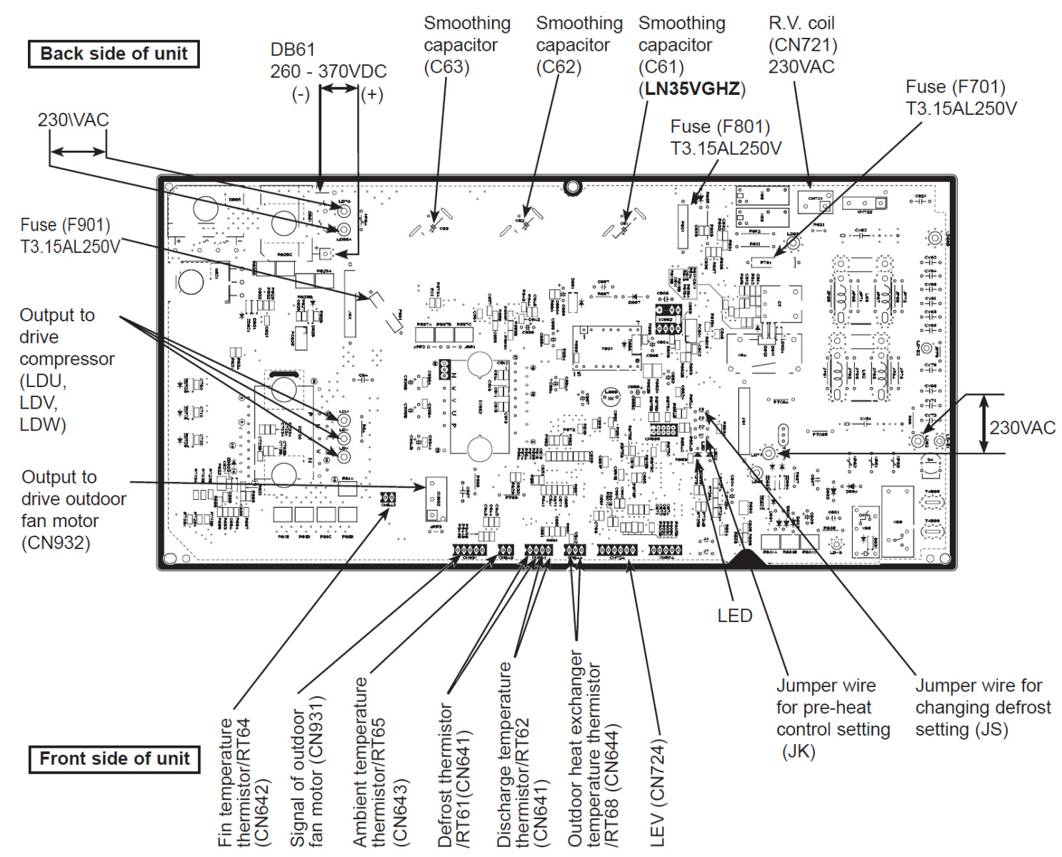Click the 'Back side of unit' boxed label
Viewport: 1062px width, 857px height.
click(x=114, y=54)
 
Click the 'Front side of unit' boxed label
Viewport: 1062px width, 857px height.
click(x=114, y=758)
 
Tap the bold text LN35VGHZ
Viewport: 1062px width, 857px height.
click(x=691, y=89)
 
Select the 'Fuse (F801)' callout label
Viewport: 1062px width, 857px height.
click(x=720, y=127)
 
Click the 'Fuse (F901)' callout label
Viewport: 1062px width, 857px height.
click(x=65, y=225)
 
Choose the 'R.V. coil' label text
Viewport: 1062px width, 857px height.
click(x=801, y=23)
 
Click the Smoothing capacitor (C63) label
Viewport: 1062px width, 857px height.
click(x=467, y=44)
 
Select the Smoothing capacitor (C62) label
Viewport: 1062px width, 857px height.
click(x=578, y=44)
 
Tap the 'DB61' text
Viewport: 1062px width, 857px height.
click(x=292, y=49)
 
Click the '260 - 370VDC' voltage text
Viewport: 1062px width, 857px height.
click(x=328, y=71)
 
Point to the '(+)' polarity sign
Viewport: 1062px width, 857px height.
click(x=372, y=94)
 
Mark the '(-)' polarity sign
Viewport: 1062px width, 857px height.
click(x=301, y=94)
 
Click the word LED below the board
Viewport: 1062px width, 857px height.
click(x=735, y=616)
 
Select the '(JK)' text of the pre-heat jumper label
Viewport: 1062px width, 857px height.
click(x=798, y=751)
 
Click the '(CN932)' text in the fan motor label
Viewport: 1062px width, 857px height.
click(x=56, y=543)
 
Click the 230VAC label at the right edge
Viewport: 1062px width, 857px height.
click(x=1022, y=428)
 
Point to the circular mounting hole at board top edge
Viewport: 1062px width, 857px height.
click(x=572, y=187)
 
